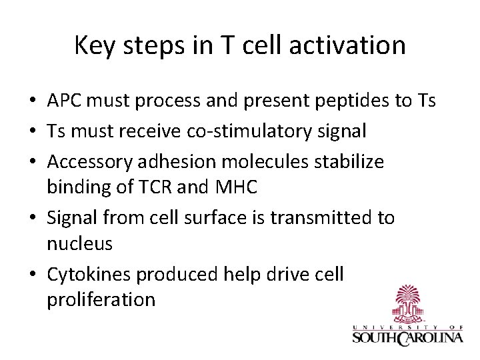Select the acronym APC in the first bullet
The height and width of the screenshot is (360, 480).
(65, 101)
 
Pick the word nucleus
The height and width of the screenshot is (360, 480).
(79, 244)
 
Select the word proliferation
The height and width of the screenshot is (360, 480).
(101, 301)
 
